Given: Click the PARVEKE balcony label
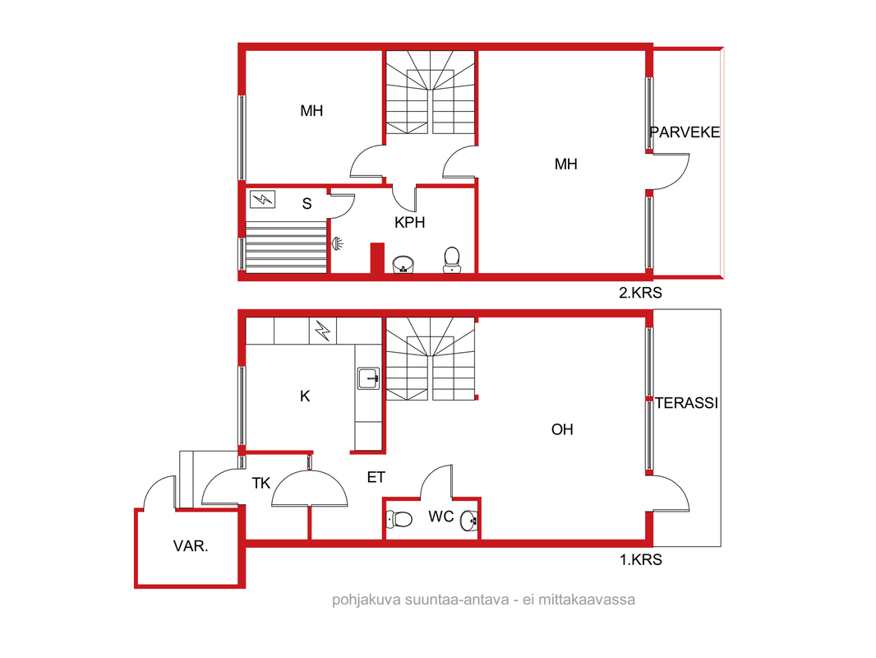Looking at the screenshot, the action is [685, 132].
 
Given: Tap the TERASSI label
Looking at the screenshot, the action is [686, 403].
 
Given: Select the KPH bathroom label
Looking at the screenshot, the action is [409, 223].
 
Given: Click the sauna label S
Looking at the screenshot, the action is [307, 203].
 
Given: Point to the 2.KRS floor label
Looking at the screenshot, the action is [640, 292].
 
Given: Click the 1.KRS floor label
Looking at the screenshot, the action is [641, 559].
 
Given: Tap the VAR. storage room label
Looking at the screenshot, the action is [191, 546].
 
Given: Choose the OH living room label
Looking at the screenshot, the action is [562, 429].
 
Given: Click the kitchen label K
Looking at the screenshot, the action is [305, 396].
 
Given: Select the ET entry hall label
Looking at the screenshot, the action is [376, 477].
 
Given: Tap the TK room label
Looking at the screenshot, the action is [260, 483].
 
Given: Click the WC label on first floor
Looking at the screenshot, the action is [440, 517].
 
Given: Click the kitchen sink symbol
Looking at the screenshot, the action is [369, 378].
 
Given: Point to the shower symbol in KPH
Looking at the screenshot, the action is [337, 243].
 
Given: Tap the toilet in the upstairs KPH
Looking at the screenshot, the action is [452, 261].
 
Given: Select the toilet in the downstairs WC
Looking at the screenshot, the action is [399, 519].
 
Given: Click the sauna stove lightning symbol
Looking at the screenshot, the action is [262, 200].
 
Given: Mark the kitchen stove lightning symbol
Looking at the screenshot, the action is [323, 331].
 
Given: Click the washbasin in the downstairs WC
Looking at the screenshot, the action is [469, 521].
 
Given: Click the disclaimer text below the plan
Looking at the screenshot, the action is [483, 600].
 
